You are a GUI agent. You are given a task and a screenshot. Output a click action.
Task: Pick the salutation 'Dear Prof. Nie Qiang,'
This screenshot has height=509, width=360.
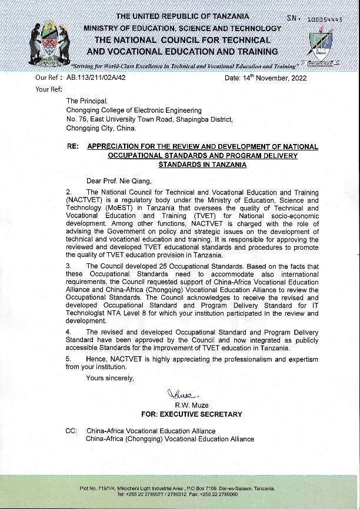119,181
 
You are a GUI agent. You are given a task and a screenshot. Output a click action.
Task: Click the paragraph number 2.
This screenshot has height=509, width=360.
68,192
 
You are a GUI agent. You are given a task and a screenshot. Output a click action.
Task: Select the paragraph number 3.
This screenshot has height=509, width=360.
68,266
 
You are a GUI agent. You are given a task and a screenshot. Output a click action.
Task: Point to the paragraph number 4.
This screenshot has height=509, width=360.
68,332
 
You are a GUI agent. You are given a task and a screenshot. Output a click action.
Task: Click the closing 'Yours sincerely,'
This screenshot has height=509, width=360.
110,378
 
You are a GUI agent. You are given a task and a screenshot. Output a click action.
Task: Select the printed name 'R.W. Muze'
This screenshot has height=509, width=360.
191,406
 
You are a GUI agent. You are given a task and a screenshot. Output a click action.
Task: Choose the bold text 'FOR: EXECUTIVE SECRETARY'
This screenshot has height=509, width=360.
192,414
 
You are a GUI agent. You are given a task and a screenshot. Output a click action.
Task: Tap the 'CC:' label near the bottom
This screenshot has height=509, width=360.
71,431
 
